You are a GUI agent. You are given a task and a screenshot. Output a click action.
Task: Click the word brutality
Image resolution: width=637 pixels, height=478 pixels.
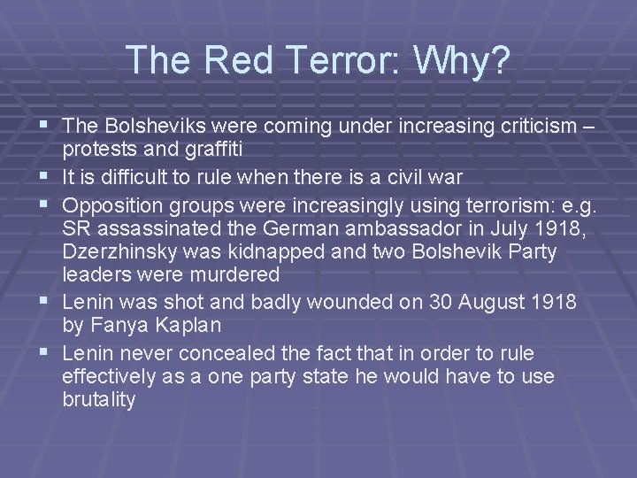[99, 399]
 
